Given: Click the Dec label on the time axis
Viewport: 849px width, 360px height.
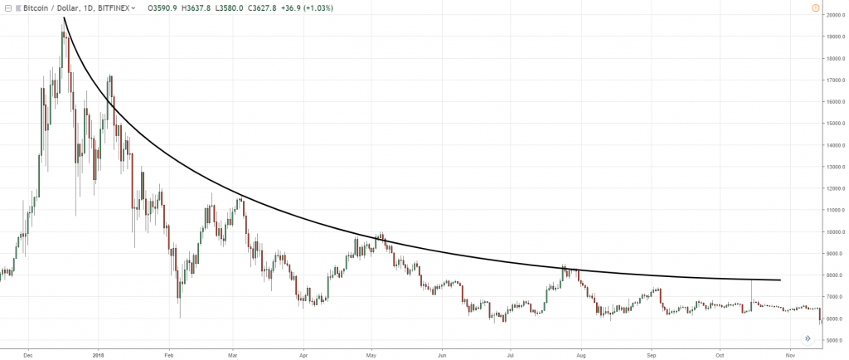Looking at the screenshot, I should tap(28, 352).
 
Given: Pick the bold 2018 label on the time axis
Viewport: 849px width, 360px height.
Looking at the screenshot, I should tap(98, 352).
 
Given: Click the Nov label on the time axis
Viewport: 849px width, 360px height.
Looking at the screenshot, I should tap(789, 352).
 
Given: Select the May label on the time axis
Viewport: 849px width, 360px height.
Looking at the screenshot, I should tap(371, 352).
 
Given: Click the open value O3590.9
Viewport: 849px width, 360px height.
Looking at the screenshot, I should tap(162, 7).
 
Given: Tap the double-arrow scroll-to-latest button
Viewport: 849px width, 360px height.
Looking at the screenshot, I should tap(807, 338).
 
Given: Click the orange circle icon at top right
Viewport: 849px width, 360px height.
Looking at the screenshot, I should tap(817, 7).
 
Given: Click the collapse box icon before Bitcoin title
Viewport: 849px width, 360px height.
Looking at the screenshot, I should tap(7, 7).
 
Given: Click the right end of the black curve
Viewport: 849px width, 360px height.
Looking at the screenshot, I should tap(780, 280).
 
